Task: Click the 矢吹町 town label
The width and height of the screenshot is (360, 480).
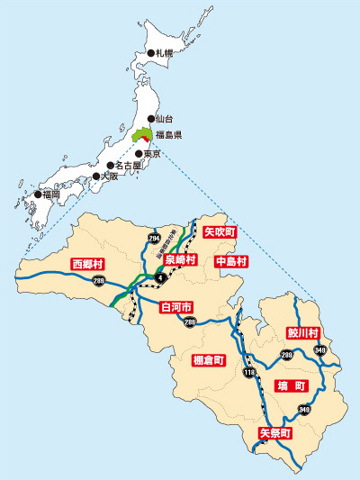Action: click(220, 231)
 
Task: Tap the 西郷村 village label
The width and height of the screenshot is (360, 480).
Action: click(88, 264)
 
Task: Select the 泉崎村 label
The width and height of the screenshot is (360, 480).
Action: click(180, 259)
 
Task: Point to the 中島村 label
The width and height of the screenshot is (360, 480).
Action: click(232, 261)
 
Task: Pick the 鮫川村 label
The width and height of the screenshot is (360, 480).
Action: click(303, 332)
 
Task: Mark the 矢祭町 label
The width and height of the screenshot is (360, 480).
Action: click(275, 433)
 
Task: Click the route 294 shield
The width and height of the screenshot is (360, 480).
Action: click(154, 238)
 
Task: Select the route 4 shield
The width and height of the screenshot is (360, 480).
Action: click(158, 277)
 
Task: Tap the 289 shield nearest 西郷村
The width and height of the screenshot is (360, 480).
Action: click(122, 283)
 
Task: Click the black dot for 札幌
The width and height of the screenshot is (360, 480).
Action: click(150, 53)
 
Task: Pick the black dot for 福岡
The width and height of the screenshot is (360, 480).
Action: click(38, 194)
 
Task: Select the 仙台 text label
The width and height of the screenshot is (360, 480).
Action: click(163, 118)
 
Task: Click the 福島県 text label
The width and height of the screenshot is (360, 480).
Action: click(168, 135)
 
